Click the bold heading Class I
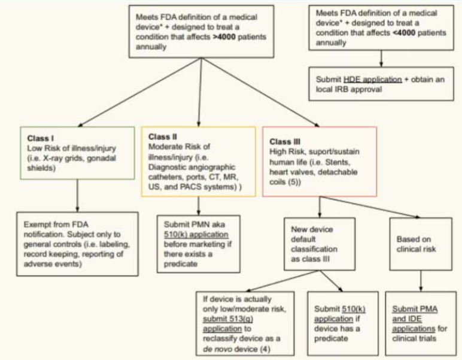tap(40, 138)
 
